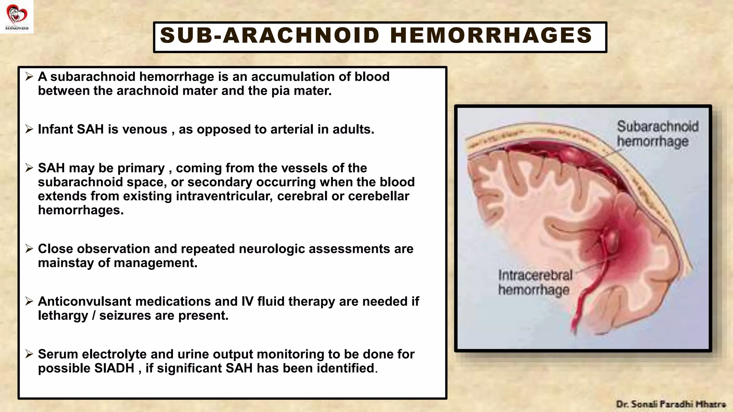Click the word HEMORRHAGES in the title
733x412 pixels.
point(491,36)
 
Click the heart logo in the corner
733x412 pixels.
point(16,15)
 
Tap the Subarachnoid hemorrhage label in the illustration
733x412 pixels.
point(657,134)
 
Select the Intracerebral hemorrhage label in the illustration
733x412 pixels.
point(535,283)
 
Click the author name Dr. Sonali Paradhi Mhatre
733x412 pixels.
point(671,404)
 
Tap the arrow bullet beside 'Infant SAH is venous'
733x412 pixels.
point(29,129)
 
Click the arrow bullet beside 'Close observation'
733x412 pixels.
point(29,249)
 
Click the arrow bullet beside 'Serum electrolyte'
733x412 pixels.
point(29,354)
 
